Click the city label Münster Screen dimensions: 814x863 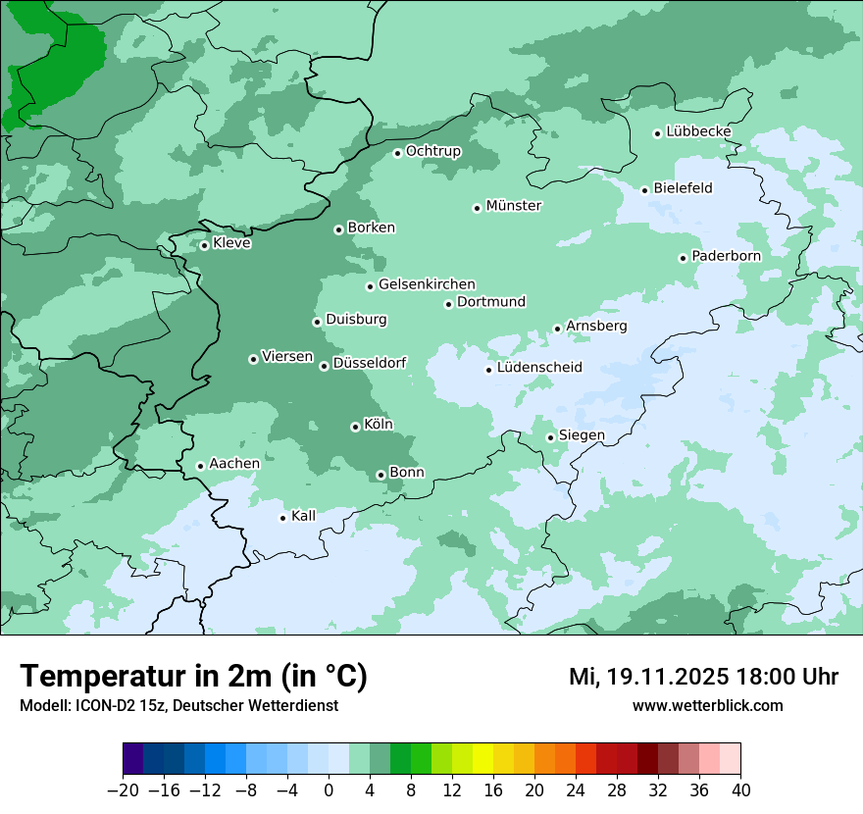point(514,206)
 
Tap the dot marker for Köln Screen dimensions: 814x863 point(355,427)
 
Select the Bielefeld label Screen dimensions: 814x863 point(683,188)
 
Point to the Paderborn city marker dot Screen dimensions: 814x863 point(683,258)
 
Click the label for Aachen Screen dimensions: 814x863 point(234,464)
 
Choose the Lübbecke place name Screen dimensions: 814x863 point(698,131)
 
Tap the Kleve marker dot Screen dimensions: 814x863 point(204,245)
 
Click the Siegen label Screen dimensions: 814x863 point(582,435)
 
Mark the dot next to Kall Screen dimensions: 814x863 point(282,518)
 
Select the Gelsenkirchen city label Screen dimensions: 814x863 point(427,284)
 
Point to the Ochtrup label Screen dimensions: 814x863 point(432,151)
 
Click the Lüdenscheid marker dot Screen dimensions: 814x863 point(488,370)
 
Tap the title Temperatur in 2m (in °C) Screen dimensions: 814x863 point(193,676)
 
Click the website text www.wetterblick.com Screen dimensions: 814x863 point(707,705)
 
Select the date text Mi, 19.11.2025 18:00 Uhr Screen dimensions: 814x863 point(703,677)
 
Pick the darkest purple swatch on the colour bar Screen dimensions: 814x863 point(133,759)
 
